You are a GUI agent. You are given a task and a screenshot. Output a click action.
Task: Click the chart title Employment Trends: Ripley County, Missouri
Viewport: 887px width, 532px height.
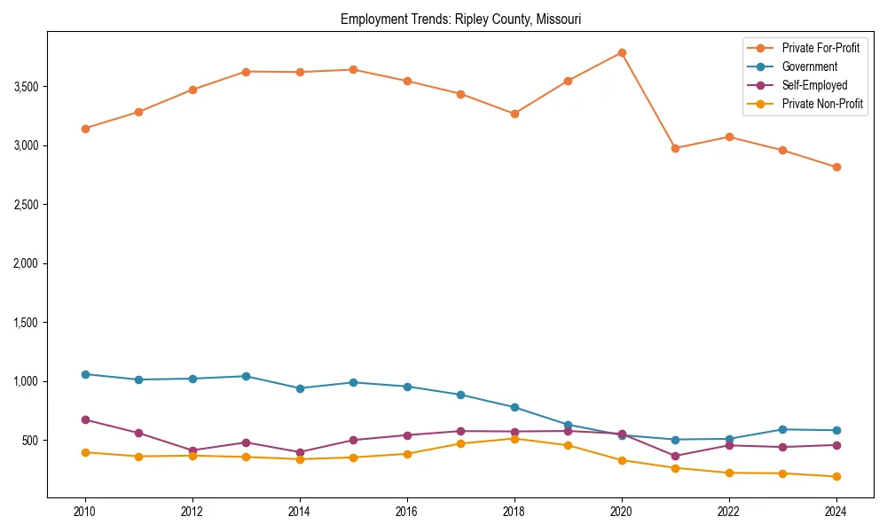[460, 19]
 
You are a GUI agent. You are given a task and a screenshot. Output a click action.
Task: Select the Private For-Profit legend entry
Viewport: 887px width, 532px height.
[820, 48]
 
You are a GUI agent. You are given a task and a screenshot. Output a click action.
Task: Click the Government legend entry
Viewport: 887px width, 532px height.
[809, 66]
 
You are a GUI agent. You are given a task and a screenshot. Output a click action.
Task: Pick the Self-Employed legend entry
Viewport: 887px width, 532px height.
[814, 85]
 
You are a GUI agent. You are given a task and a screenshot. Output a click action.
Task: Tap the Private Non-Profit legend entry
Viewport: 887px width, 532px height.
[822, 104]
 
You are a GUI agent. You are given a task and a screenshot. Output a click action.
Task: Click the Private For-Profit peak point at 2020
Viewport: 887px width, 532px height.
[622, 52]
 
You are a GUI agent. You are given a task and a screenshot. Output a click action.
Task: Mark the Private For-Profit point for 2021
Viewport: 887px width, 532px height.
[675, 148]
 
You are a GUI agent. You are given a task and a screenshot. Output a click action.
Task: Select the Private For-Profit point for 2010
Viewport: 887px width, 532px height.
[85, 129]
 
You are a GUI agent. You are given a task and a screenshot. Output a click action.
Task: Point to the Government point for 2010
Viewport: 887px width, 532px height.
[85, 374]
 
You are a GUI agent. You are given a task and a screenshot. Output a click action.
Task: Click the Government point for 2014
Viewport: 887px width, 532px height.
[300, 388]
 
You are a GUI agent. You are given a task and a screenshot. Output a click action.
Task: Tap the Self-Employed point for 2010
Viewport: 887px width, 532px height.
[85, 419]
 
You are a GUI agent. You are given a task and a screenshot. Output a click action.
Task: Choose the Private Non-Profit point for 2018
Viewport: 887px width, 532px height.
[514, 438]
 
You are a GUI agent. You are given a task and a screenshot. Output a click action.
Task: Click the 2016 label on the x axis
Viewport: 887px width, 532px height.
[407, 512]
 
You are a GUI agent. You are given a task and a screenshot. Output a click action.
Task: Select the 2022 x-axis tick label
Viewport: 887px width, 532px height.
[729, 512]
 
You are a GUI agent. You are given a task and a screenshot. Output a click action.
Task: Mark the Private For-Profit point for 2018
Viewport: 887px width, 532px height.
[514, 113]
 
